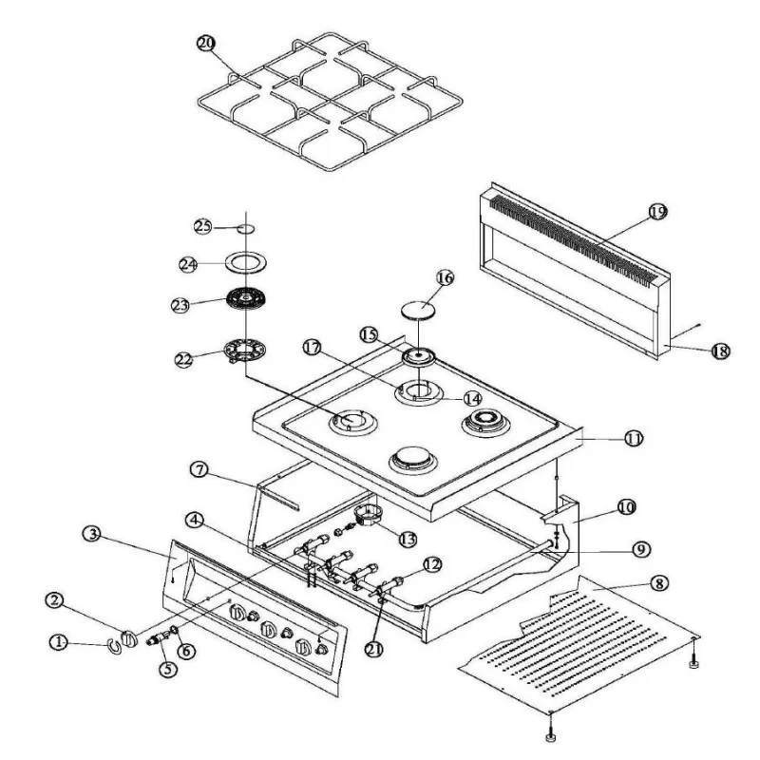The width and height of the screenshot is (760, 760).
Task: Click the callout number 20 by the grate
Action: [x=206, y=43]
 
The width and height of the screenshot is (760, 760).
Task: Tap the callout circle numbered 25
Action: [x=201, y=226]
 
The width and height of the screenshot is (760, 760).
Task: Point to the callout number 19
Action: [x=658, y=213]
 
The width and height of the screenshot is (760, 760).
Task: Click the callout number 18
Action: [x=719, y=351]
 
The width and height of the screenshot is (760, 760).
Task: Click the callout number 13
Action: [x=408, y=539]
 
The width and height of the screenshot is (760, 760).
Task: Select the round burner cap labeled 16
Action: [x=419, y=309]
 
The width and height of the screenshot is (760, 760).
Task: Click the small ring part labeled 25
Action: [x=245, y=229]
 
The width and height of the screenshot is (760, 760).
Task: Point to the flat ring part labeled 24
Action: [x=245, y=264]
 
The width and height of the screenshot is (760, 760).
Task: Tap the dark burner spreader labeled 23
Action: [x=245, y=300]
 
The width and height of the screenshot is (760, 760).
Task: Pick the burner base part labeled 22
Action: [x=244, y=353]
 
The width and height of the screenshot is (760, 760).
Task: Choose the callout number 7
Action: [x=198, y=470]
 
